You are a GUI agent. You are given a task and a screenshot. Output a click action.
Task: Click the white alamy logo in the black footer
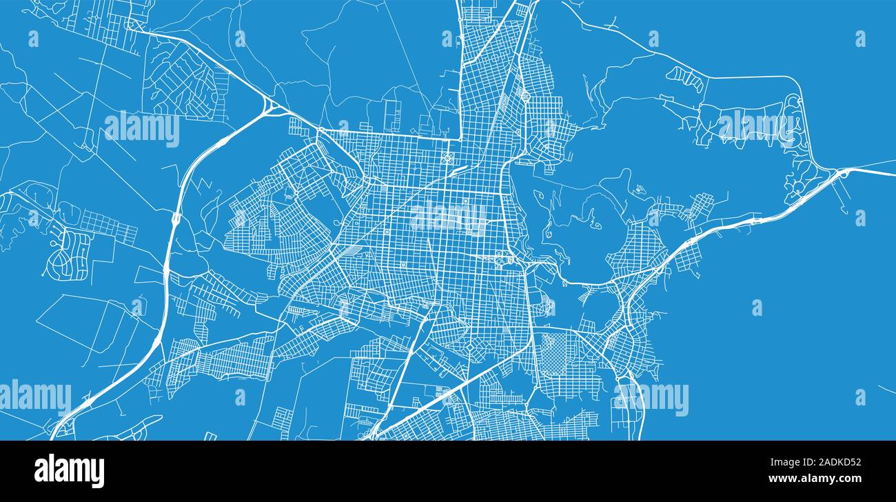pos(69,471)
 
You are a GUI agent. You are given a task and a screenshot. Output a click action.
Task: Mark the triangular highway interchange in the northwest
pos(271,108)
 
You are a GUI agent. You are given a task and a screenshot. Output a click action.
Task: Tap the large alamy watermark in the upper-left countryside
pos(142,128)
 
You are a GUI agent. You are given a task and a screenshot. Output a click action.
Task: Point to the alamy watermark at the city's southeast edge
pos(651,399)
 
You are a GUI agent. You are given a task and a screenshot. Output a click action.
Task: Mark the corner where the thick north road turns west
pos(459,135)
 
